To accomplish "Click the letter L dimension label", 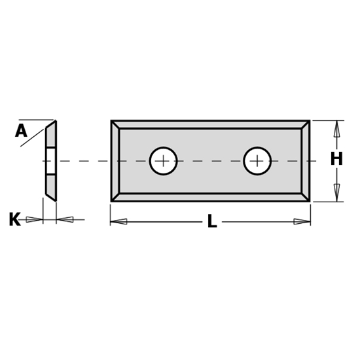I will [x=211, y=222].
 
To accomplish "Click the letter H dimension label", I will [x=336, y=159].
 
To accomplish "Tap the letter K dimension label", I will [x=14, y=220].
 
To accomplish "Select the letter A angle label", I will [x=21, y=132].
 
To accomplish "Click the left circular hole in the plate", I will [x=163, y=161].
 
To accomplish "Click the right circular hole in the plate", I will [x=257, y=161].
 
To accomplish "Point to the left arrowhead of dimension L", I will [x=118, y=222].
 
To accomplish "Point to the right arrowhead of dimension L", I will [x=302, y=222].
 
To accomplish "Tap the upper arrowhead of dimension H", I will [x=336, y=129].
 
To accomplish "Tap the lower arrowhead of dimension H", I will [x=336, y=192].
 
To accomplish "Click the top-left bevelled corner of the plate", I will [x=115, y=125].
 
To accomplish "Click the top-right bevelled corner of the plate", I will [x=306, y=125].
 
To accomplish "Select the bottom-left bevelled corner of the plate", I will [x=115, y=196].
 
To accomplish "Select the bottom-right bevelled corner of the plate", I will [x=306, y=196].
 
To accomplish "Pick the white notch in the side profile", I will [x=50, y=161].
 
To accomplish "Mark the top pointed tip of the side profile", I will [x=55, y=122].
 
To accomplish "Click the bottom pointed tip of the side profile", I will [x=54, y=198].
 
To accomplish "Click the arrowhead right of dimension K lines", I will [x=64, y=219].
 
